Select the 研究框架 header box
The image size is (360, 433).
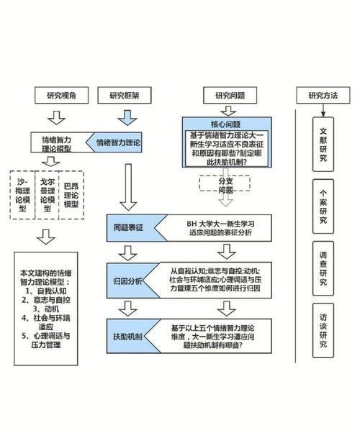tap(127, 95)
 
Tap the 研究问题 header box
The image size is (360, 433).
tap(229, 95)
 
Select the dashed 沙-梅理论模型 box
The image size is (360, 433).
tap(23, 193)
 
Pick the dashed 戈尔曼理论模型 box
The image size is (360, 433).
tap(48, 193)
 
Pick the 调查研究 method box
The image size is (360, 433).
tap(324, 266)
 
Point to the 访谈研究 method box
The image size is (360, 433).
tap(324, 328)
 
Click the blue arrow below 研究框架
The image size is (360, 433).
tap(127, 115)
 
